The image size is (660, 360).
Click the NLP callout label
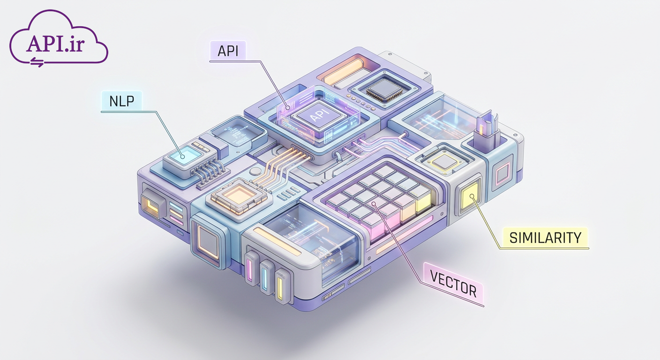point(122,101)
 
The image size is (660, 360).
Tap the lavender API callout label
point(228,51)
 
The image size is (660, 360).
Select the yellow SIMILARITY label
point(545,238)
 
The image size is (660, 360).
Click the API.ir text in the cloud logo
point(56,44)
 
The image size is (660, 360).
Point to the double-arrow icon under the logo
point(37,62)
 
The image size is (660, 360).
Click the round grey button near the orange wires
point(255,172)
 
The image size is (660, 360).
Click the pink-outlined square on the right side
point(502,174)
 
